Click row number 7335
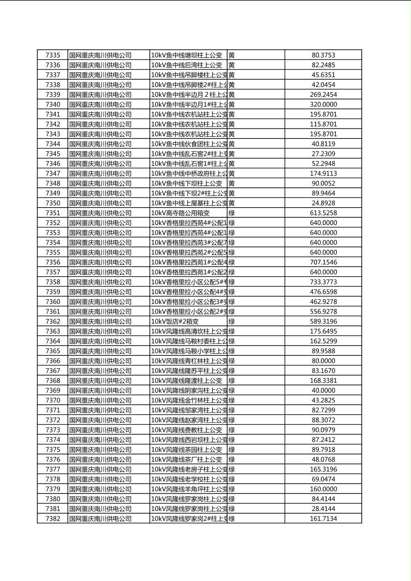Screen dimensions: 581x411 tap(53, 55)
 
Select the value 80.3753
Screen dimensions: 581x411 tap(323, 55)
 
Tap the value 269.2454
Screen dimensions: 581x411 tap(323, 95)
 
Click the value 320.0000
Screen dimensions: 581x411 tap(323, 105)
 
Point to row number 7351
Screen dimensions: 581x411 tap(53, 213)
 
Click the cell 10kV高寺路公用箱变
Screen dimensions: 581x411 tap(181, 213)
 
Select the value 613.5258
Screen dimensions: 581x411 tap(323, 213)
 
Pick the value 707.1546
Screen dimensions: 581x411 tap(323, 262)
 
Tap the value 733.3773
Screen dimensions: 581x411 tap(323, 282)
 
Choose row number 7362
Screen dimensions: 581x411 tap(53, 321)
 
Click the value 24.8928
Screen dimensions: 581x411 tap(323, 203)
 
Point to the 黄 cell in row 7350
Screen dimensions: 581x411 tap(232, 203)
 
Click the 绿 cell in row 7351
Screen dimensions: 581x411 tap(232, 213)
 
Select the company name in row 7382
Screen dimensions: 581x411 tap(100, 519)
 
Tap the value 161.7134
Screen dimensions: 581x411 tap(323, 519)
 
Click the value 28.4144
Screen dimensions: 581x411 tap(323, 509)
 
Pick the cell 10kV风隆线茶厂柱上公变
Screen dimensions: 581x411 tap(187, 459)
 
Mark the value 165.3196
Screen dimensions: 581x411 tap(323, 470)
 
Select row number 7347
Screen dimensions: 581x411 tap(53, 174)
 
